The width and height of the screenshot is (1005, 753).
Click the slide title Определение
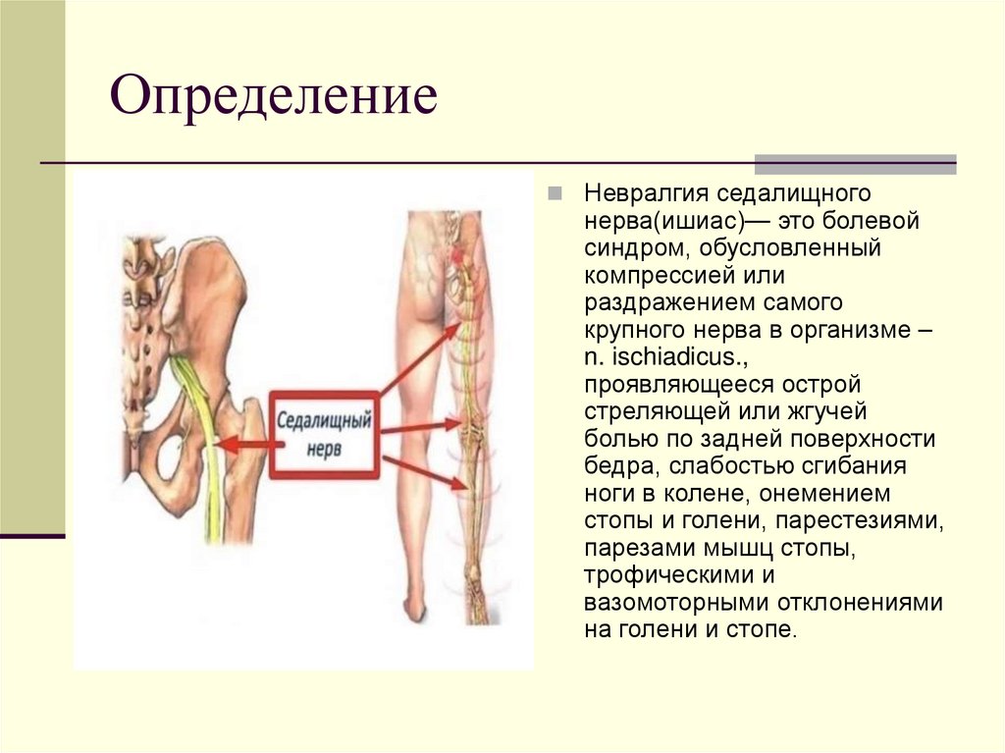click(274, 100)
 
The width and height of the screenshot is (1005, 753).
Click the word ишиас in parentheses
click(698, 221)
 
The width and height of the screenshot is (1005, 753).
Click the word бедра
click(614, 466)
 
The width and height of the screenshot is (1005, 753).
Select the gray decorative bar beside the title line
click(854, 164)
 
